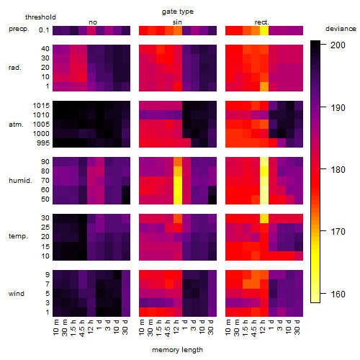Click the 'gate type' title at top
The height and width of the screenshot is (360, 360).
point(178,12)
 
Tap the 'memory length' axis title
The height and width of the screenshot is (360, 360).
point(177,350)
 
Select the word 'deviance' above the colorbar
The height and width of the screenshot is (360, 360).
point(341,29)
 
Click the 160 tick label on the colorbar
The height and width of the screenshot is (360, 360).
point(338,294)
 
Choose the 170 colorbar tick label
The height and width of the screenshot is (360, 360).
point(338,232)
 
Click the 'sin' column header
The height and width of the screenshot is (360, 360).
point(177,22)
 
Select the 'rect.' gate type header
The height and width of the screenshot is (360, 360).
point(262,22)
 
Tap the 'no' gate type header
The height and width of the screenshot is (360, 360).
point(93,22)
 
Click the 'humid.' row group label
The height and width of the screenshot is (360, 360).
point(20,181)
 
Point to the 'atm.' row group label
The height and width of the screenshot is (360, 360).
point(16,125)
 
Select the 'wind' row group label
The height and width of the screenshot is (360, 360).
point(17,294)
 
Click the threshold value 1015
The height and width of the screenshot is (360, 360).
point(41,106)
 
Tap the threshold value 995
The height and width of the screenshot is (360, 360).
point(43,143)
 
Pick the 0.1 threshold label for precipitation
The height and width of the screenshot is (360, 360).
point(44,30)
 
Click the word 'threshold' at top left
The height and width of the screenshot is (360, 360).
point(40,17)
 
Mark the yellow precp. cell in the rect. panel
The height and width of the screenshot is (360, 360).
point(264,30)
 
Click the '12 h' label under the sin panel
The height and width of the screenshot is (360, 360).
point(176,327)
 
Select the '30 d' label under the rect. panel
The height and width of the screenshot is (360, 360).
point(297,327)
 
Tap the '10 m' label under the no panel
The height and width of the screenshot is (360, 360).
point(55,328)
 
